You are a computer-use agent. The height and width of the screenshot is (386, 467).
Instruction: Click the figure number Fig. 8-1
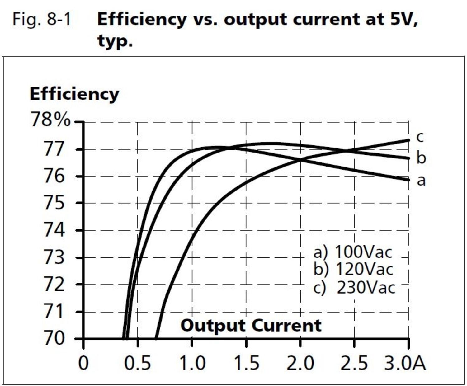pyautogui.click(x=42, y=19)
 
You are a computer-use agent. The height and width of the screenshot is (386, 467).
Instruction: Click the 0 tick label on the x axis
pyautogui.click(x=83, y=363)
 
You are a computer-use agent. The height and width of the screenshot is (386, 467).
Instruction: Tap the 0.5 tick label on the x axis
pyautogui.click(x=137, y=363)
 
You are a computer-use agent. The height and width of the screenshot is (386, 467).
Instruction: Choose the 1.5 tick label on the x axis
pyautogui.click(x=246, y=363)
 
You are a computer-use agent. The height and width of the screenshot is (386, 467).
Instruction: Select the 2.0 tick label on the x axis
pyautogui.click(x=300, y=363)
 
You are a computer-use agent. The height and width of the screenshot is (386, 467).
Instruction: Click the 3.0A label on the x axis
pyautogui.click(x=405, y=363)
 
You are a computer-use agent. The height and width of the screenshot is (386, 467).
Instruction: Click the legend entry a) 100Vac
pyautogui.click(x=353, y=252)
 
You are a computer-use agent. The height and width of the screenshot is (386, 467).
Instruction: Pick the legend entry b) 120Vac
pyautogui.click(x=353, y=269)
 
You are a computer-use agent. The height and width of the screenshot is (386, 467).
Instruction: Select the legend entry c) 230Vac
pyautogui.click(x=354, y=287)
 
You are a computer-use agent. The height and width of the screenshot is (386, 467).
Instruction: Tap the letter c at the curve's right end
pyautogui.click(x=420, y=137)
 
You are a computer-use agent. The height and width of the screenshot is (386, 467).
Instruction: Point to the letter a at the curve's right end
pyautogui.click(x=421, y=180)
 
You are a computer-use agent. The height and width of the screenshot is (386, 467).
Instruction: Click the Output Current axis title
pyautogui.click(x=251, y=326)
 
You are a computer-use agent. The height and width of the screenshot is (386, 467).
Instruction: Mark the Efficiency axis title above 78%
pyautogui.click(x=74, y=93)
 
